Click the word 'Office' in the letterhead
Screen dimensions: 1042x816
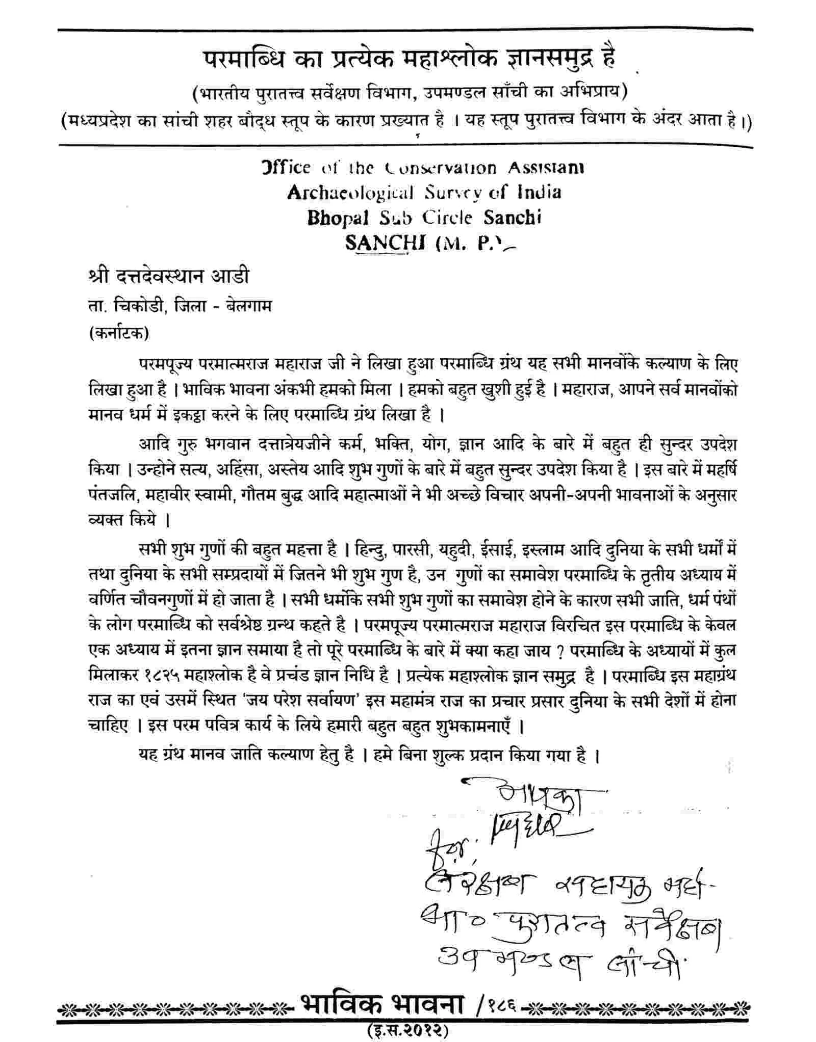tap(286, 168)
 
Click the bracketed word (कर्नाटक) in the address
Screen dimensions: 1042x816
tap(118, 333)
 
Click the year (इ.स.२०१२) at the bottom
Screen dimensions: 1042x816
tap(407, 1030)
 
